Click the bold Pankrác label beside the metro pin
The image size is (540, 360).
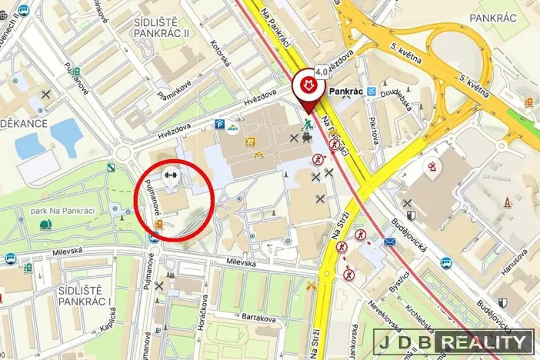coord(345,91)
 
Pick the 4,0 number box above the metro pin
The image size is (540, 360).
coord(321,71)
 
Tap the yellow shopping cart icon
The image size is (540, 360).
coord(249,142)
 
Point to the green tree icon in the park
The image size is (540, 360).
coord(45,225)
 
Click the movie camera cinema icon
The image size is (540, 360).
coord(307,138)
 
